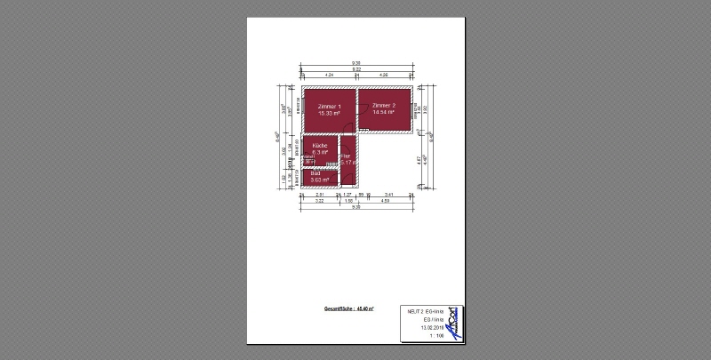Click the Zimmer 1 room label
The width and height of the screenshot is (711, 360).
click(329, 106)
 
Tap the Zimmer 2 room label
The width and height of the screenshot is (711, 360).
click(384, 106)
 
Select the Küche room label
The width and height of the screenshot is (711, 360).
click(320, 145)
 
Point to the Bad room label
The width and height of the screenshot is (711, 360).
click(314, 173)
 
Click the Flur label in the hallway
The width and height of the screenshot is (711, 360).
click(345, 156)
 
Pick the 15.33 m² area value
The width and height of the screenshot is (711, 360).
click(329, 113)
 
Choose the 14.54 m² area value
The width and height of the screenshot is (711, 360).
click(384, 113)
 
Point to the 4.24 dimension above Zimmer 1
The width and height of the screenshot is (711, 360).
click(329, 75)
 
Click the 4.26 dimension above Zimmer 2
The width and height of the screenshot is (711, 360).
click(383, 75)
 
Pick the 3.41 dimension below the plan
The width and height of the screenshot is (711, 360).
click(388, 194)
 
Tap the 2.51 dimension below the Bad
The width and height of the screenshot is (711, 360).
click(320, 194)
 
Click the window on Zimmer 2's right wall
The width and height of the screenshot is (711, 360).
click(417, 109)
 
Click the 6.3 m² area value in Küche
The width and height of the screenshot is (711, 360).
click(320, 152)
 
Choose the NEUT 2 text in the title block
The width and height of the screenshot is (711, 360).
click(414, 312)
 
